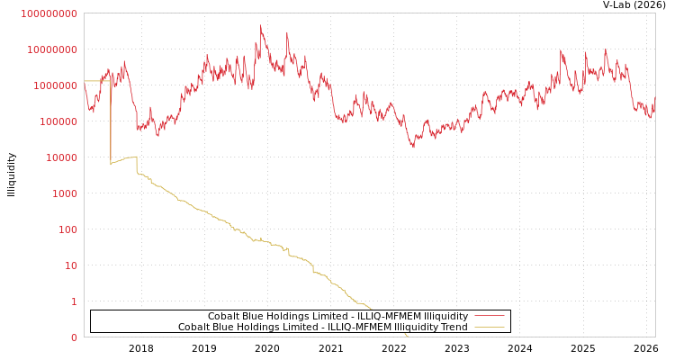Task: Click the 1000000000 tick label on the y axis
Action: point(49,13)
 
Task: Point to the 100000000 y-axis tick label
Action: point(51,49)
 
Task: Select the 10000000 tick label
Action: point(54,85)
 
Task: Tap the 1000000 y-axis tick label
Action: point(57,121)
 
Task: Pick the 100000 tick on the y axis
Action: point(59,157)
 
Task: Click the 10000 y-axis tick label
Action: point(62,193)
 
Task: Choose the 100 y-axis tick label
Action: point(68,265)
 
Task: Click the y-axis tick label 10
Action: point(71,301)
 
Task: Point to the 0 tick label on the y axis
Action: point(74,337)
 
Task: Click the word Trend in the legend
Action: point(454,327)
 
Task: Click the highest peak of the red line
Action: point(261,26)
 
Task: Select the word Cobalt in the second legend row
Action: point(193,327)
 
